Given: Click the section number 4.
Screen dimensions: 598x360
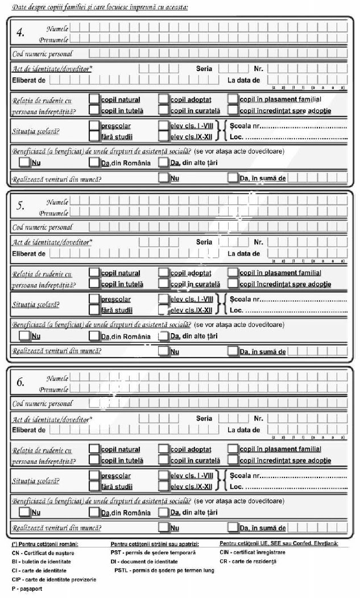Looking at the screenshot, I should pyautogui.click(x=20, y=32).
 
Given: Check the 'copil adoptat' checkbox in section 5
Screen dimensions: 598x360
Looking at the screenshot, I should pyautogui.click(x=164, y=273).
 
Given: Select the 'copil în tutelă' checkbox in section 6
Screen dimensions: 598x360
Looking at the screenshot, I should pyautogui.click(x=94, y=460).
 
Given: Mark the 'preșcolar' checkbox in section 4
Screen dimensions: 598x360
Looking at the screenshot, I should pyautogui.click(x=94, y=126).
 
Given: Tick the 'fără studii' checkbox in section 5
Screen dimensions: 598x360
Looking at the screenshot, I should pyautogui.click(x=94, y=310).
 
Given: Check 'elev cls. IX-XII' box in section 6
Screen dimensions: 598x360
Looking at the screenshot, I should pyautogui.click(x=164, y=487).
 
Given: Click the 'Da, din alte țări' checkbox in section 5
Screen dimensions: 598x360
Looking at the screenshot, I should pyautogui.click(x=164, y=335).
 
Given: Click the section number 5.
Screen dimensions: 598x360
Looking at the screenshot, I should pyautogui.click(x=20, y=207).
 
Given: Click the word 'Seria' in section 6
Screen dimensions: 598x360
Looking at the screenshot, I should pyautogui.click(x=204, y=418).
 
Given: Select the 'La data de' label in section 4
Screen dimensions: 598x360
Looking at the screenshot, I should pyautogui.click(x=243, y=80).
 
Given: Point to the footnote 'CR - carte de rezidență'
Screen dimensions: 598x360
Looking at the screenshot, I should pyautogui.click(x=247, y=561).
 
